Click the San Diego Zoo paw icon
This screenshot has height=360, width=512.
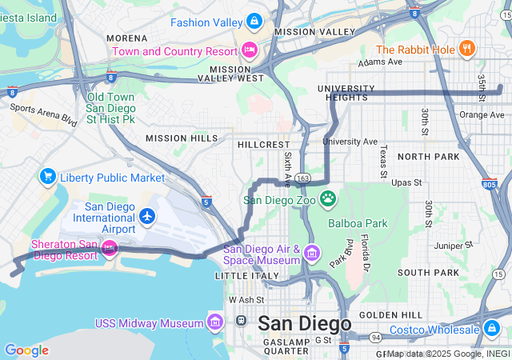tap(327, 197)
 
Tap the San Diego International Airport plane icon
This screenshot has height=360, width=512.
tap(146, 215)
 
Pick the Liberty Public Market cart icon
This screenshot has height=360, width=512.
tap(47, 176)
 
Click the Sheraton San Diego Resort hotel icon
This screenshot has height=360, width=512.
tap(109, 250)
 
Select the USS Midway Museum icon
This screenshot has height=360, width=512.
tap(214, 322)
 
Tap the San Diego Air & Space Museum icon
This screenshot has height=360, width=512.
tap(311, 255)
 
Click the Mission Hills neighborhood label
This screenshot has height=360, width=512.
tap(182, 138)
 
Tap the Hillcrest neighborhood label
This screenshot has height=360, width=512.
tap(263, 145)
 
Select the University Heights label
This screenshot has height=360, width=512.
tap(346, 93)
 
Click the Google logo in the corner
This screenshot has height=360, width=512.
tap(26, 350)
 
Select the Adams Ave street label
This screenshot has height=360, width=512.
tap(381, 62)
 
